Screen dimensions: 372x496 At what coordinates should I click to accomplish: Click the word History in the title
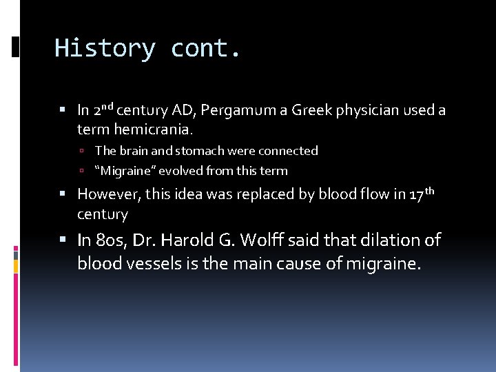point(105,48)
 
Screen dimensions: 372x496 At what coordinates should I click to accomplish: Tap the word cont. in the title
point(206,48)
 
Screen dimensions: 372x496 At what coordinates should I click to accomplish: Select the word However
point(109,195)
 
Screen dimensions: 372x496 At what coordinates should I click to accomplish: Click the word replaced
point(265,195)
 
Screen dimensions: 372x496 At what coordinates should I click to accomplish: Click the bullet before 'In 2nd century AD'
point(63,110)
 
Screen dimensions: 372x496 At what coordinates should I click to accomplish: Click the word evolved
point(182,171)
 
